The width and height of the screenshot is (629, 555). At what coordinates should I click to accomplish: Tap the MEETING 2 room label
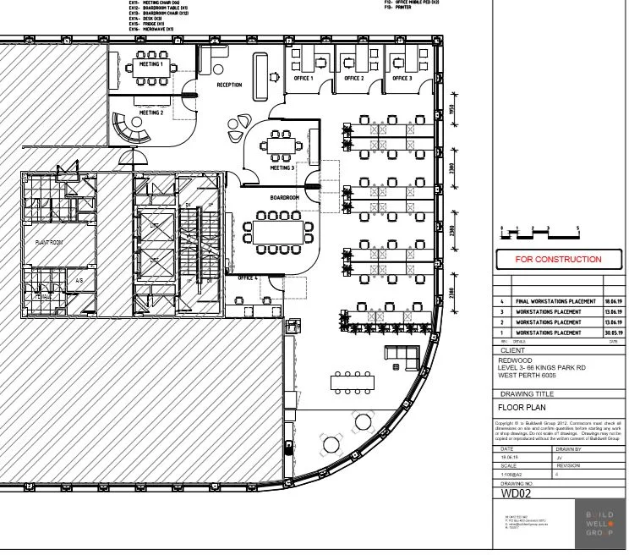click(150, 113)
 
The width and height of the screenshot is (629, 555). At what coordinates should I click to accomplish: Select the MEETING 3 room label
click(282, 168)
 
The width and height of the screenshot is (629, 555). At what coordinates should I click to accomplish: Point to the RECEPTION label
click(229, 85)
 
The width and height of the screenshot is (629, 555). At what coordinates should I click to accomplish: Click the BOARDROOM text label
click(285, 198)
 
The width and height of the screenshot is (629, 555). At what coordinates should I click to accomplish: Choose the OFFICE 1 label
click(304, 79)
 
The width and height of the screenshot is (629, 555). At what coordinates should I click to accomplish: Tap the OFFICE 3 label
click(402, 79)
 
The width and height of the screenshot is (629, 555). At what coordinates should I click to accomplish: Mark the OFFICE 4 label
click(248, 277)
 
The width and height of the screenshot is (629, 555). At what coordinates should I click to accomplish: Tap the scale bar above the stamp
click(539, 230)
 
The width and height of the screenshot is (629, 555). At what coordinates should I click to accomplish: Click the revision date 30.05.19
click(614, 332)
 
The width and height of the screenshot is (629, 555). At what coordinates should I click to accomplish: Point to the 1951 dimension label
click(453, 112)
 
